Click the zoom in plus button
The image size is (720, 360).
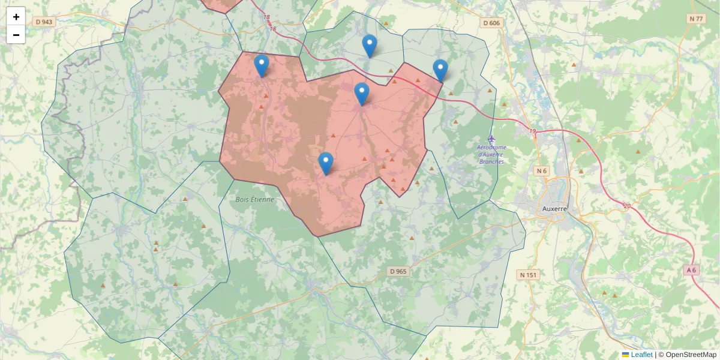click(16, 17)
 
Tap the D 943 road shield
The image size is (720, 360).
click(44, 22)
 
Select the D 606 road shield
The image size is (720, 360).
click(491, 23)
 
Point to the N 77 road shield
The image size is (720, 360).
click(696, 19)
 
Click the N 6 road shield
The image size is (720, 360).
click(542, 171)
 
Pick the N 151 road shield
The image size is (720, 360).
click(528, 275)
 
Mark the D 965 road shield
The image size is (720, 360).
click(398, 271)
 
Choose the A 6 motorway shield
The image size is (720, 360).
click(692, 270)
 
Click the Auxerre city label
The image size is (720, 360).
click(554, 209)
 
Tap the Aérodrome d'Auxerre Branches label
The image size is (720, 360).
click(491, 154)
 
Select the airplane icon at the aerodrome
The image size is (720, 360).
click(492, 139)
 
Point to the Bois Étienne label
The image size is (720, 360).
click(254, 199)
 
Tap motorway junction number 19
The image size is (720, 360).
click(532, 131)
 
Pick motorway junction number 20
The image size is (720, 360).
click(627, 206)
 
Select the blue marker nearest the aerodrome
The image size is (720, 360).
click(440, 70)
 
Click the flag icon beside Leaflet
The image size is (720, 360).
click(625, 355)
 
